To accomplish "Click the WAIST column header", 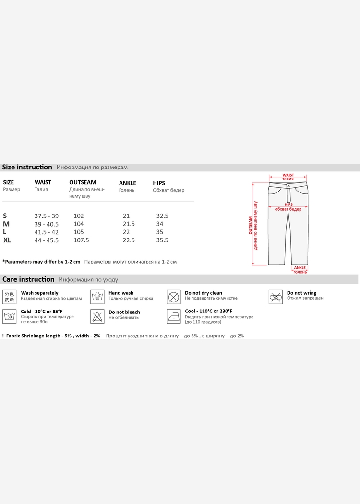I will pos(43,182).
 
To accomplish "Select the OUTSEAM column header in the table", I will pos(83,182).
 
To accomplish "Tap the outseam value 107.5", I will pos(81,240).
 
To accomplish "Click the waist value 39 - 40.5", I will pos(47,224).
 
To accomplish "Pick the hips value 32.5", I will pos(162,216).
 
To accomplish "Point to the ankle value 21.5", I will pos(129,224).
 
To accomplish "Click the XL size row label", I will pos(7,240).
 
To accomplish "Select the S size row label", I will pos(5,216).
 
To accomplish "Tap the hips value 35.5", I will pos(162,240).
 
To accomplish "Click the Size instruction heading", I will pos(27,167).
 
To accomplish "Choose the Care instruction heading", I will pos(28,279).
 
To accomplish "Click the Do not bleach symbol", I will pos(97,316).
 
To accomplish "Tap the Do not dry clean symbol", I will pos(174,297).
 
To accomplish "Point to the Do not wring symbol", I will pos(275,297).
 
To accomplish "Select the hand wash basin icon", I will pos(97,297).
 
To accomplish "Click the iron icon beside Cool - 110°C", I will pos(174,316).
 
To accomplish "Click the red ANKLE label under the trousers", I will pos(300,268).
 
